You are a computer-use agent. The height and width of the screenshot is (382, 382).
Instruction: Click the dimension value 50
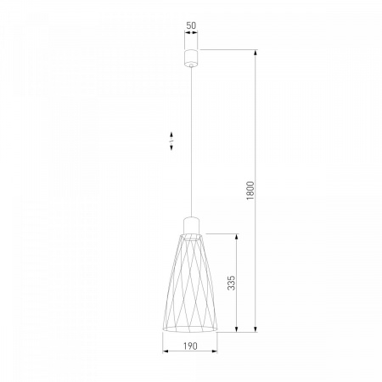coord(191,25)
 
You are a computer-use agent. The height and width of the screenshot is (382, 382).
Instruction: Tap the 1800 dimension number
coord(250,191)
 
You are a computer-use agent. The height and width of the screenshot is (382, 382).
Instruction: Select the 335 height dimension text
coord(231,283)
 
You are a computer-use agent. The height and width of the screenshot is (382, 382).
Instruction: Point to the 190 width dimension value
coord(190,345)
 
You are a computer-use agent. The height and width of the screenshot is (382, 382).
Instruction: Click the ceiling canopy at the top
coord(191,58)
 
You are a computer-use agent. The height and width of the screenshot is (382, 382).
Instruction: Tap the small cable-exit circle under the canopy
coord(191,65)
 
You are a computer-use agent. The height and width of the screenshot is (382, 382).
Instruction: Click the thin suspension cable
coord(191,143)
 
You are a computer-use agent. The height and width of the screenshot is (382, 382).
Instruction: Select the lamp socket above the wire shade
coord(191,225)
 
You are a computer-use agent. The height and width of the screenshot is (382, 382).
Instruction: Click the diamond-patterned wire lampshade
coord(190,283)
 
